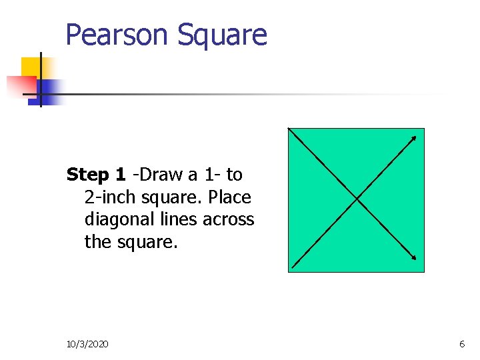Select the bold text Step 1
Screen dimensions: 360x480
tap(96, 175)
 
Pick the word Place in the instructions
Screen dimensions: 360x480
tap(229, 197)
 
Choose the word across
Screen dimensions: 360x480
tap(229, 219)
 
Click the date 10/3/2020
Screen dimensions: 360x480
tap(88, 344)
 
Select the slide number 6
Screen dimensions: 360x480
tap(462, 344)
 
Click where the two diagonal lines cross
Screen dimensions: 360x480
tap(357, 199)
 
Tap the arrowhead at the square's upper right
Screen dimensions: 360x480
tap(414, 138)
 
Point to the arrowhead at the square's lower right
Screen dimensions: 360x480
tap(415, 259)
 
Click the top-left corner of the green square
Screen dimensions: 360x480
tap(289, 129)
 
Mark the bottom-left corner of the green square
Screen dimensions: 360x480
tap(289, 271)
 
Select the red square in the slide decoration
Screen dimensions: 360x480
tap(20, 85)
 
